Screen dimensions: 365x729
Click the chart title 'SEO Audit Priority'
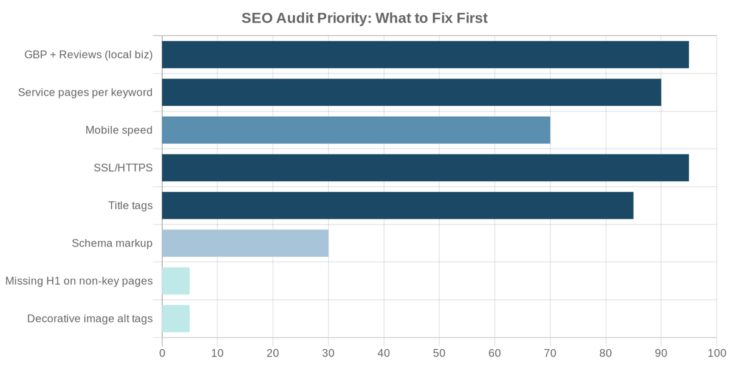tap(364, 18)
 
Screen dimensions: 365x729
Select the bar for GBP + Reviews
tap(425, 55)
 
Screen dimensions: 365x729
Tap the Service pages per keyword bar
tap(411, 92)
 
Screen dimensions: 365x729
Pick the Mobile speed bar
tap(356, 130)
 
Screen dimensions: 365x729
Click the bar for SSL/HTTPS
tap(425, 168)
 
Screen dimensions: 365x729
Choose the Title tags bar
tap(397, 206)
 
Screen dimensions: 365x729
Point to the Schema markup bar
tap(245, 243)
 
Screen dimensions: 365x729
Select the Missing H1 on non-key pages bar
tap(176, 281)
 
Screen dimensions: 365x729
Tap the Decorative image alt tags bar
tap(176, 319)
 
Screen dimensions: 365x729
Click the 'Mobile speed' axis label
tap(119, 130)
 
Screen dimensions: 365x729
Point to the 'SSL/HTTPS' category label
tap(123, 168)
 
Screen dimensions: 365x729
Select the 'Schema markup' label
tap(112, 243)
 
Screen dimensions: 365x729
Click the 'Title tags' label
tap(131, 206)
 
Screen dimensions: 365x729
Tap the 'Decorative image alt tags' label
tap(90, 319)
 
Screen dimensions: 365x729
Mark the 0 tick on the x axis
tap(162, 353)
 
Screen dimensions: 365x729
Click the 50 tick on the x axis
tap(439, 353)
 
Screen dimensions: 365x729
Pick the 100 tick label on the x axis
tap(716, 353)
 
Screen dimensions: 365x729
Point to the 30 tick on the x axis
tap(329, 353)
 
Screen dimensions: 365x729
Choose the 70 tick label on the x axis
tap(550, 353)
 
